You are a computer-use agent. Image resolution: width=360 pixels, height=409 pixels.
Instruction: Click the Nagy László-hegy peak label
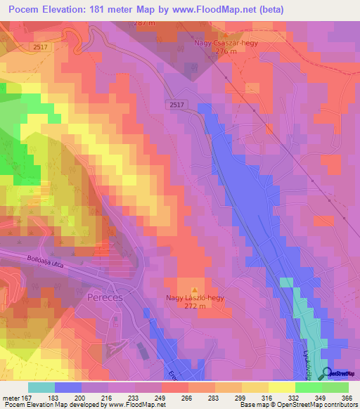(195, 298)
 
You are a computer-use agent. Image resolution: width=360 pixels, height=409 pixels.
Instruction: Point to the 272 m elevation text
(195, 307)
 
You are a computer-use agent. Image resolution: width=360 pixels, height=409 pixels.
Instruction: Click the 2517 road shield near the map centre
(177, 105)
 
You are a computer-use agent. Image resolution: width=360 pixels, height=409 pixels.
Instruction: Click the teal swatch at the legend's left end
(41, 387)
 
